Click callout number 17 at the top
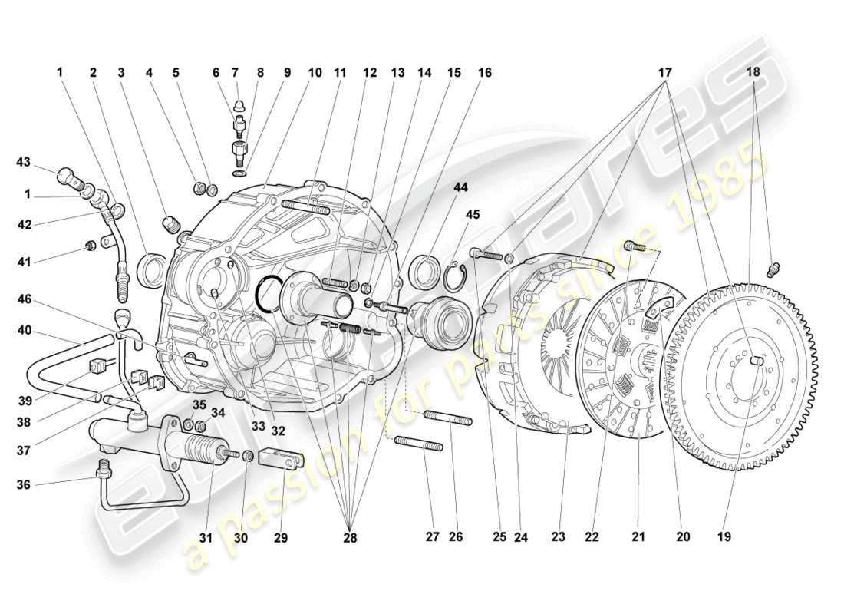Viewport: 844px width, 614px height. pos(664,73)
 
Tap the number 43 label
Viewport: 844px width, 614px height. pos(25,162)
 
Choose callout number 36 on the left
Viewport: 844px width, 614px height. pos(25,484)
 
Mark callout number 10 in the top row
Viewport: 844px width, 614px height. pos(315,73)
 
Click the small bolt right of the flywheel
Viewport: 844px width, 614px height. pos(773,270)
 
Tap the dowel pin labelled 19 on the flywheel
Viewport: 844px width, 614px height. pos(758,360)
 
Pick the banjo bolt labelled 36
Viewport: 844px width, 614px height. pos(102,468)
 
